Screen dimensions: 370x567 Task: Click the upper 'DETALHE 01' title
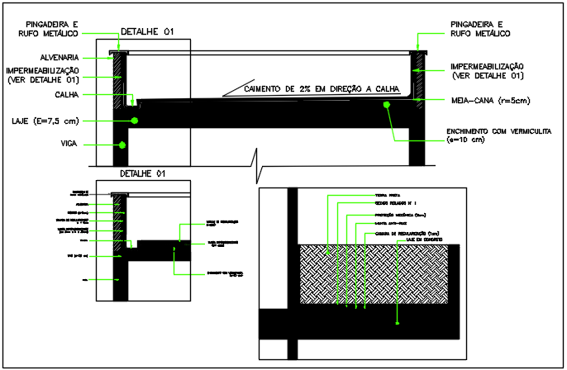[148, 32]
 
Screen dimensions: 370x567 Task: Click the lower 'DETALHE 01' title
[143, 174]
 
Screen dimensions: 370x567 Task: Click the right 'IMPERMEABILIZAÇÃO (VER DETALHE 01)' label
[487, 71]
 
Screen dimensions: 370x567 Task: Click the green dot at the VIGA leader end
[122, 145]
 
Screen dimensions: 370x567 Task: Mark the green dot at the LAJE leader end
[133, 121]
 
